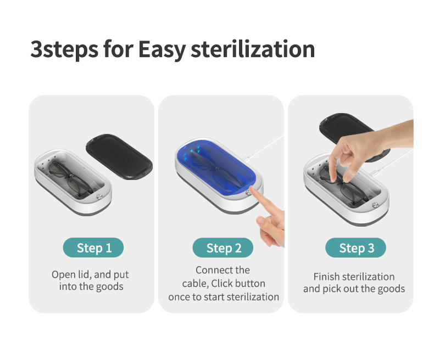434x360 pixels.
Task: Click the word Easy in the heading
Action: (x=162, y=50)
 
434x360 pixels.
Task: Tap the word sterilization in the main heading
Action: (x=253, y=49)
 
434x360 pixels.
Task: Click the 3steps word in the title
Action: (x=64, y=50)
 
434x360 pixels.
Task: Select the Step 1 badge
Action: (x=93, y=248)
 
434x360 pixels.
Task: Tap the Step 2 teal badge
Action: (x=223, y=248)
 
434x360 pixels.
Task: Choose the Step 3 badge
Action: (x=355, y=248)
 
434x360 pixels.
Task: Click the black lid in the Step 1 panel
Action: (x=119, y=157)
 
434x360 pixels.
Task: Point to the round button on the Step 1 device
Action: (x=99, y=197)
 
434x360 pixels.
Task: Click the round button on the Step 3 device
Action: (x=375, y=205)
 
